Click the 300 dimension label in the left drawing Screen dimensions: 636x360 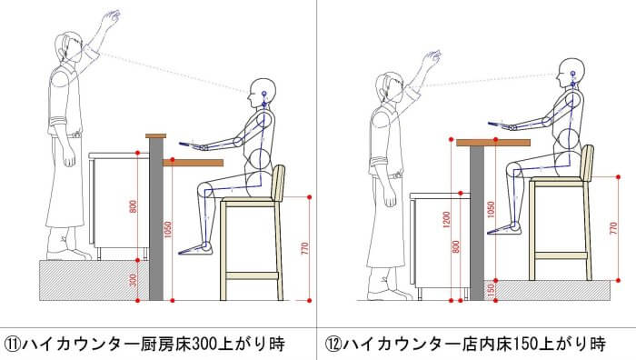(x=133, y=280)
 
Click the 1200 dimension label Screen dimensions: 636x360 (x=447, y=220)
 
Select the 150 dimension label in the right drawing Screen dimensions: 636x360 (x=491, y=290)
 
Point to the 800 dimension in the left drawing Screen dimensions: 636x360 (x=133, y=206)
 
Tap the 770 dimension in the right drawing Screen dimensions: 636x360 (x=613, y=229)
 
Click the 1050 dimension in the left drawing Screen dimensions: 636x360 (x=167, y=230)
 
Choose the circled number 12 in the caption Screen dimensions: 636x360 (x=333, y=345)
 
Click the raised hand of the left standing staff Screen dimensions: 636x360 (x=110, y=17)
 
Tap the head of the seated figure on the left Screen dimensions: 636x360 (x=262, y=94)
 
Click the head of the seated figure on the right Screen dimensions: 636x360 (x=571, y=73)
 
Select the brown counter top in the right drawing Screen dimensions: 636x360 (x=493, y=143)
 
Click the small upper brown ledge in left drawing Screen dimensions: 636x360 (x=155, y=136)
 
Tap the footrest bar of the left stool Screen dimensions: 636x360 (x=252, y=276)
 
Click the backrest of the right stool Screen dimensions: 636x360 (x=588, y=162)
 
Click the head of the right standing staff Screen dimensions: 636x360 (x=389, y=87)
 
